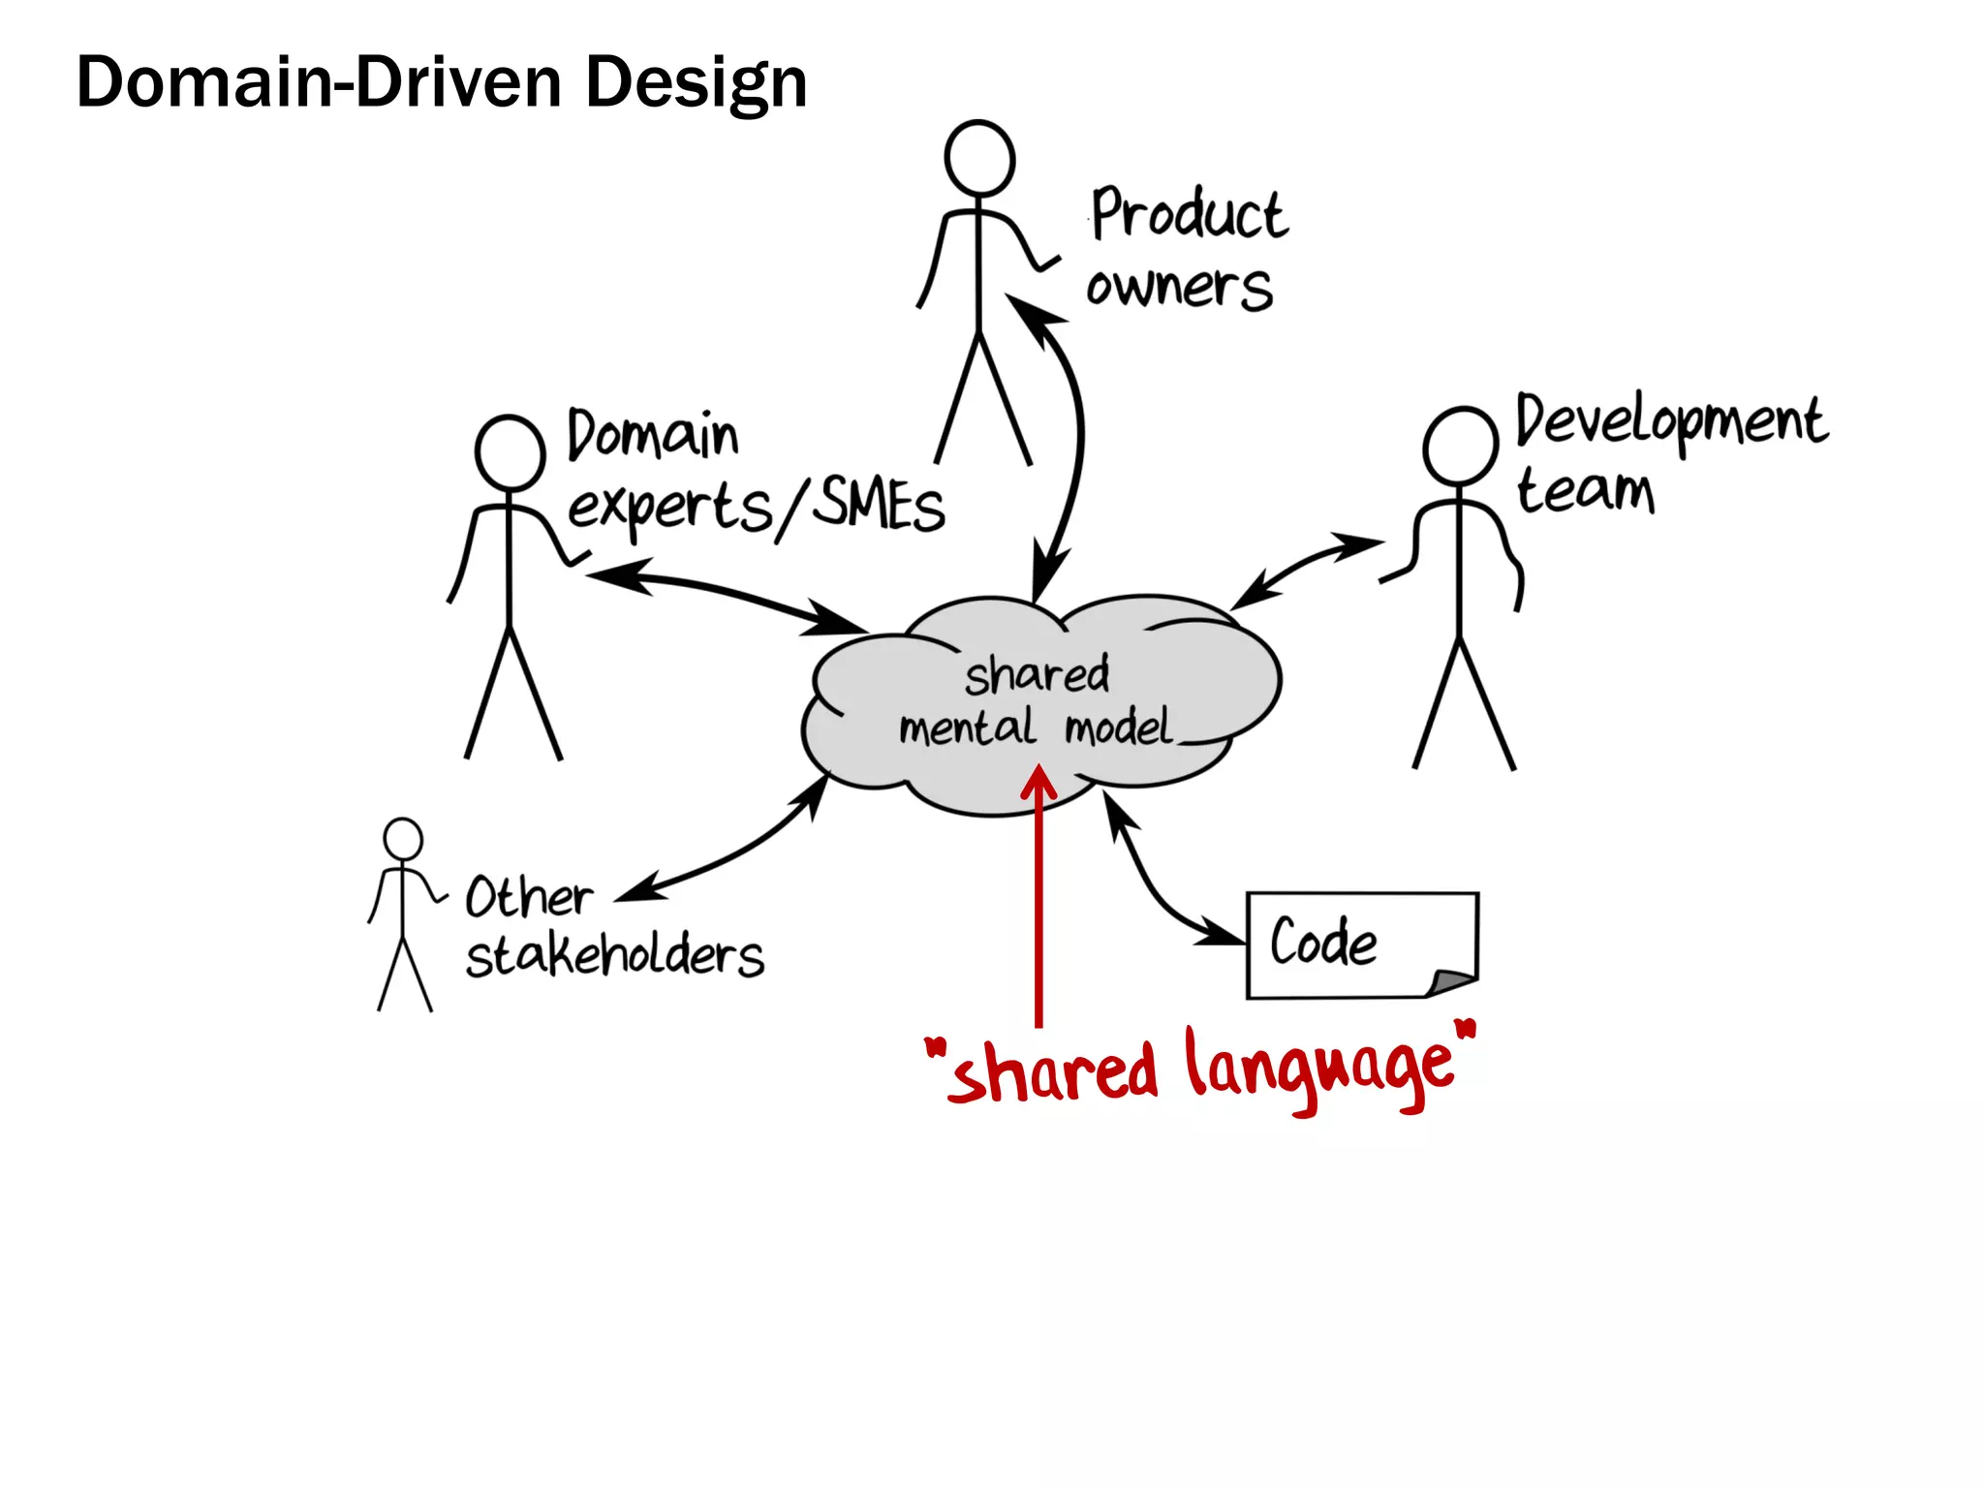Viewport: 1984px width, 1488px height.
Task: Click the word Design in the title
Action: coord(696,83)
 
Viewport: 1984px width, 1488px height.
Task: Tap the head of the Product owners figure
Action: coord(979,158)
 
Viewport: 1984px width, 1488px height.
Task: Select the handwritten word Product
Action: coord(1189,214)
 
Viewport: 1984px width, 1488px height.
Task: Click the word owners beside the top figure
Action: coord(1178,288)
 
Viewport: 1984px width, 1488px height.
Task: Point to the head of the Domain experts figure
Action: coord(510,453)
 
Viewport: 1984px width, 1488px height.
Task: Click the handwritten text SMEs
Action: coord(878,506)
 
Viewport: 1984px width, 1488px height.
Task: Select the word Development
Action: coord(1670,422)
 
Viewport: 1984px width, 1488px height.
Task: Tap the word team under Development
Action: coord(1585,491)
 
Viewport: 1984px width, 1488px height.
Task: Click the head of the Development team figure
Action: coord(1460,447)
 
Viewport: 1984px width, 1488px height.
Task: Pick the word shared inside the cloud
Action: coord(1037,675)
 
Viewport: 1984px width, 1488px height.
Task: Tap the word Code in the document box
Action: coord(1323,943)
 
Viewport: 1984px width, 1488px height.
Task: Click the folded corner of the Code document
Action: coord(1453,982)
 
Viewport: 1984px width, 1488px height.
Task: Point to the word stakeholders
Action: coord(614,957)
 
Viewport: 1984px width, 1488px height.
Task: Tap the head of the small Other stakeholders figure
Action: coord(403,839)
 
